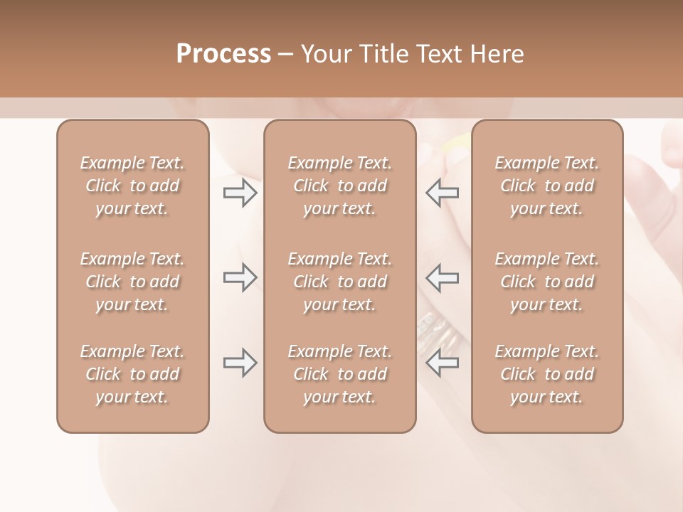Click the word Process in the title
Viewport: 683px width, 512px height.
[x=223, y=54]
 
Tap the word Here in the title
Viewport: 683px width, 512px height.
[x=497, y=54]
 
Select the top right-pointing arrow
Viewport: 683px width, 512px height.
[x=240, y=193]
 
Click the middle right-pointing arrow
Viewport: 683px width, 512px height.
[x=240, y=277]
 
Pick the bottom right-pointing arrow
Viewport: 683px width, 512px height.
[x=240, y=363]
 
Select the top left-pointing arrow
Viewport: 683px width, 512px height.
[x=442, y=193]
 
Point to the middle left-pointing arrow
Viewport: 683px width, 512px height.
[x=442, y=277]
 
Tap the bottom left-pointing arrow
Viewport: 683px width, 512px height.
[x=442, y=363]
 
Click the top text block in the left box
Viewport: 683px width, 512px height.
[x=132, y=186]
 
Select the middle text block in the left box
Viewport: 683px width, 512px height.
[x=132, y=282]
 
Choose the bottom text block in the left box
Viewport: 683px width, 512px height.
[x=132, y=374]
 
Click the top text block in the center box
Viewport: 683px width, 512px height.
[x=340, y=186]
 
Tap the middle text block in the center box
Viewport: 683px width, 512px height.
[x=340, y=282]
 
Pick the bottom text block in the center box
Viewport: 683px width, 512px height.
[x=340, y=374]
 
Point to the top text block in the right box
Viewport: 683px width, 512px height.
[x=547, y=186]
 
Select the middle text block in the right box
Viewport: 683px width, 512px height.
[x=547, y=282]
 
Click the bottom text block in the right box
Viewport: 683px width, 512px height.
[x=547, y=374]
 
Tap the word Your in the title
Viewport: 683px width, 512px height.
[x=324, y=54]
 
